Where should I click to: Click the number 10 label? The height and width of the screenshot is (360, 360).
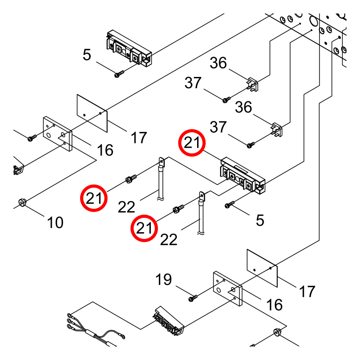point(55,222)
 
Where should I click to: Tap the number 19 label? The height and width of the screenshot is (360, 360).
point(163,279)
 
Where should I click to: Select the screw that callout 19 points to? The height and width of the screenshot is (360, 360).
point(193,298)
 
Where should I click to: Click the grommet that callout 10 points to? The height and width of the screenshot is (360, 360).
point(22,202)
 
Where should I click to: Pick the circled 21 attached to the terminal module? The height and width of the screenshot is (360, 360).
point(192,143)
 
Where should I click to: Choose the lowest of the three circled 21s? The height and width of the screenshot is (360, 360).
point(144,228)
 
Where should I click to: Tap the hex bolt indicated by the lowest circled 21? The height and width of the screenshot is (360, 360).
point(178,209)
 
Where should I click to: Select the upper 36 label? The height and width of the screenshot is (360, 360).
point(218,63)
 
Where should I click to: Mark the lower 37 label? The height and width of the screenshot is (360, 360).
point(218,127)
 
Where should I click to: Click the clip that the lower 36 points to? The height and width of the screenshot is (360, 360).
point(277,130)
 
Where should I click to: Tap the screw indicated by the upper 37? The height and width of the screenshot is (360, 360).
point(226,99)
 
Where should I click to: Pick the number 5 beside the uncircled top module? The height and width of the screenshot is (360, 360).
point(87,55)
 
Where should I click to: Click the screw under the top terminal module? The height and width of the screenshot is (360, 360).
point(119,74)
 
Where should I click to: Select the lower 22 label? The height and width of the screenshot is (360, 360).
point(169,240)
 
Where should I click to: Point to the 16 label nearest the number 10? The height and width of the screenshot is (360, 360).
point(105,150)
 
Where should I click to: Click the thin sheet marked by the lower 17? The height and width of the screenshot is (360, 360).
point(262,268)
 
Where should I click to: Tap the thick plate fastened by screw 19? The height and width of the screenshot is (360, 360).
point(228,288)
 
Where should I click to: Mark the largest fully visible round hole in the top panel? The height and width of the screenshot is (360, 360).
point(313,21)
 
